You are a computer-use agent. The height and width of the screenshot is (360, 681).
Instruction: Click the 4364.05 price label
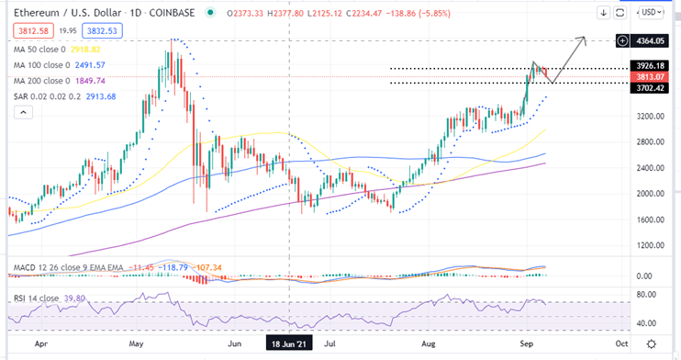click(654, 40)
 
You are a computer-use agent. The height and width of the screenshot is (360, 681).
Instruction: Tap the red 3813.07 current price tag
click(654, 76)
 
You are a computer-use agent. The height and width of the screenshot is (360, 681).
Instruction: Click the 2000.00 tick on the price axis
click(650, 194)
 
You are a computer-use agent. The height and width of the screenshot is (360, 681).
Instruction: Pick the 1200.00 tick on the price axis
click(650, 246)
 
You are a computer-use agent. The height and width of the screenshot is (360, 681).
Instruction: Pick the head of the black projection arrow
click(586, 38)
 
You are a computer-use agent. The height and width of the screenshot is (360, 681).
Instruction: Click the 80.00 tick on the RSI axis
click(650, 296)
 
